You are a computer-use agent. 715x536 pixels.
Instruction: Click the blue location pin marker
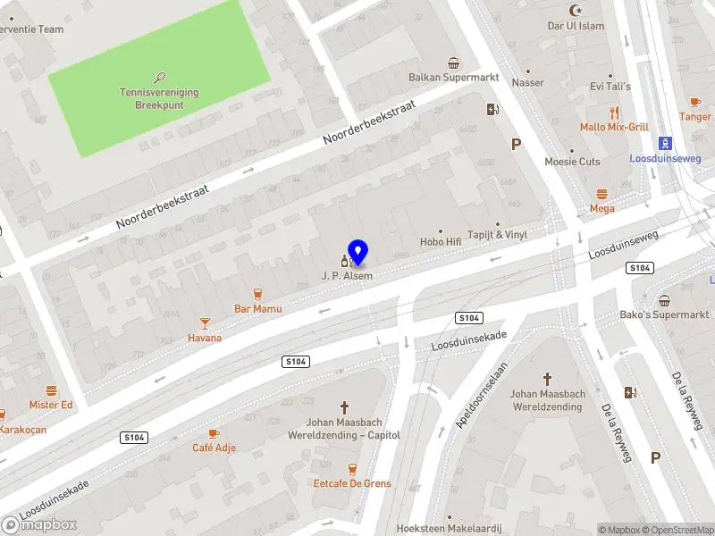[357, 253]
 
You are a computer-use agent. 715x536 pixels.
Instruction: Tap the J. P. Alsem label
[347, 276]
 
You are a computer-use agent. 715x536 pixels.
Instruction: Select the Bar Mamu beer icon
[258, 294]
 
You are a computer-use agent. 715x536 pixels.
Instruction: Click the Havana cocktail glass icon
[205, 322]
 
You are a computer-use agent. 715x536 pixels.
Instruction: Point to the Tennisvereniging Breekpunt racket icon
[160, 78]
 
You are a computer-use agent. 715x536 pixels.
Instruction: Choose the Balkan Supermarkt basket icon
[454, 63]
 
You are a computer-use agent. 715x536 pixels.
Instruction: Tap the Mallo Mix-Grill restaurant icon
[614, 113]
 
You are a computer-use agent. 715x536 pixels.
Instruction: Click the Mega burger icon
[601, 194]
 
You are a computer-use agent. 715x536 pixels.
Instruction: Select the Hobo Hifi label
[441, 241]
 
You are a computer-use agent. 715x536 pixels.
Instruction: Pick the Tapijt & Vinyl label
[498, 234]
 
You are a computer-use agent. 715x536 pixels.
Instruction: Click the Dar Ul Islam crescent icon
[576, 11]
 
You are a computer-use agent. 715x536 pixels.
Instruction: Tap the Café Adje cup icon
[214, 433]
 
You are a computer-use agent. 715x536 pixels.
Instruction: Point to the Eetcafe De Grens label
[352, 483]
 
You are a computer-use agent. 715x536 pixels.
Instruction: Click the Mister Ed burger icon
[51, 390]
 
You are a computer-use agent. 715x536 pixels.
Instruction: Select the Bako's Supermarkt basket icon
[665, 300]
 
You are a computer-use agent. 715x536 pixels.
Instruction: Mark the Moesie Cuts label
[573, 162]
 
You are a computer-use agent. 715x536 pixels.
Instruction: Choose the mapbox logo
[39, 525]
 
